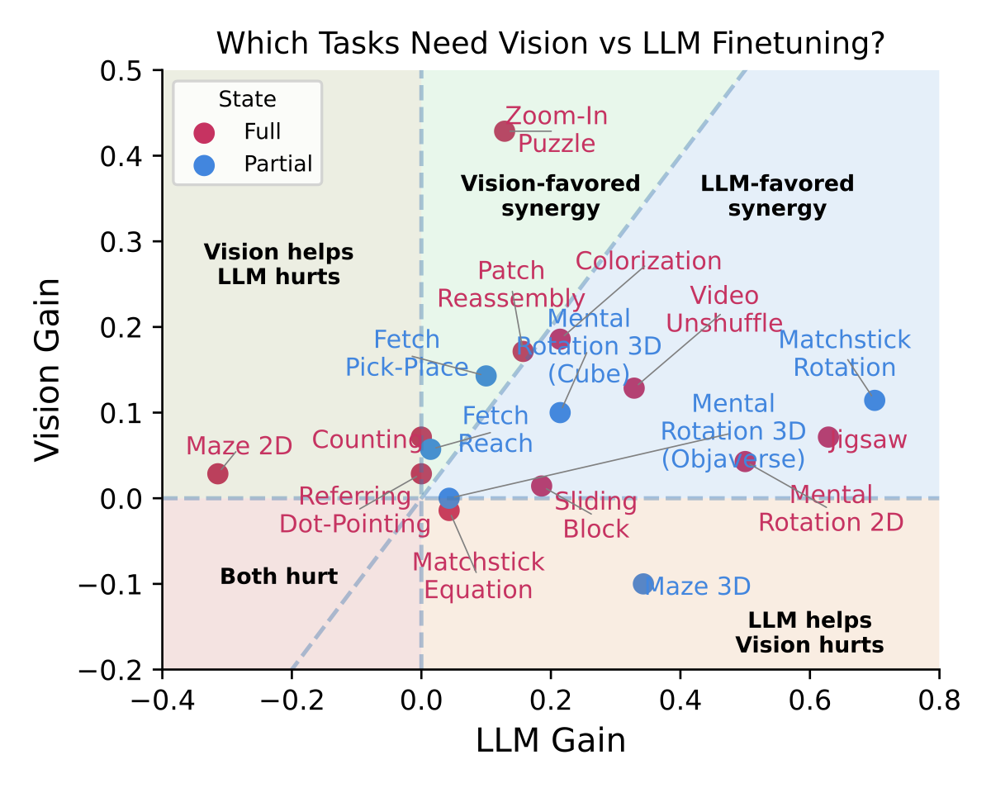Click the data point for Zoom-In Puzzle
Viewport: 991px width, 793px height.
point(505,131)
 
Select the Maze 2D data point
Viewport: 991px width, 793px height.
point(218,473)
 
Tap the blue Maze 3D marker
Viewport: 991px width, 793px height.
point(643,584)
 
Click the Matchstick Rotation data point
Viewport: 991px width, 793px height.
point(875,401)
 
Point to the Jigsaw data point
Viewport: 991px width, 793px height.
point(828,437)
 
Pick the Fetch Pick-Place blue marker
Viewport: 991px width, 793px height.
point(486,376)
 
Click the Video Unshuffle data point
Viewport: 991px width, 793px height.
point(633,388)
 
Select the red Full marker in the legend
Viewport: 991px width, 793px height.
point(204,132)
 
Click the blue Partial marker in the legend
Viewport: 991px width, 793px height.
point(204,164)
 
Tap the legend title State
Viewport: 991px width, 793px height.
point(247,100)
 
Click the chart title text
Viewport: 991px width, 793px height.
point(551,43)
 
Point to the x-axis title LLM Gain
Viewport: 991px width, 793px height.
point(551,741)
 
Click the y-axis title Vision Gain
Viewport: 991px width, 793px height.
point(47,369)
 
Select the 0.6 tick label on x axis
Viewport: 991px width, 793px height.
point(809,701)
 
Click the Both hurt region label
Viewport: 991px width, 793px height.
point(279,577)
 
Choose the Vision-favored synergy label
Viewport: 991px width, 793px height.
point(550,196)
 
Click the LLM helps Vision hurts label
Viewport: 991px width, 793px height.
point(809,632)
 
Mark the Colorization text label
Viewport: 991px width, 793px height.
point(648,261)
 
